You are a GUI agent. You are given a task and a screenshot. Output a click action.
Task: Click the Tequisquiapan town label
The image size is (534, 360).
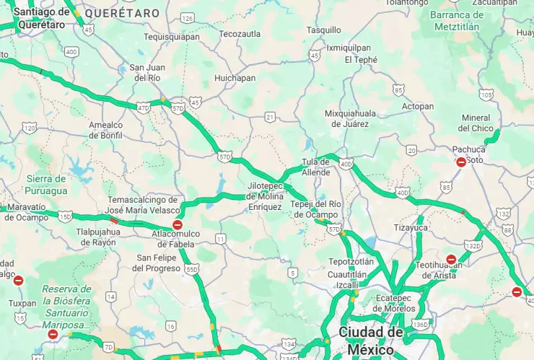point(172,36)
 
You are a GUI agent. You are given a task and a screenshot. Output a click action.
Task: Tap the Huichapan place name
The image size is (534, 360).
point(235,78)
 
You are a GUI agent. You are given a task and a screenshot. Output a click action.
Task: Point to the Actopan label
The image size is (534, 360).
point(418,106)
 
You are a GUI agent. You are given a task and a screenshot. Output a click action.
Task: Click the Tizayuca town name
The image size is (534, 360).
point(411,227)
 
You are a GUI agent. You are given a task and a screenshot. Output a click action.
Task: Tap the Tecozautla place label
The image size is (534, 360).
point(240,34)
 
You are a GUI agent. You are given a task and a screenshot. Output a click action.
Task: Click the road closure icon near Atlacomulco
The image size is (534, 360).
point(177,225)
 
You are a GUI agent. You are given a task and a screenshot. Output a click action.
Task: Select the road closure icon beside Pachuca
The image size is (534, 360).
point(461,162)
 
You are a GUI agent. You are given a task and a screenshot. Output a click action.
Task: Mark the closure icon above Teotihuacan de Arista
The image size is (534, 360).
point(451,259)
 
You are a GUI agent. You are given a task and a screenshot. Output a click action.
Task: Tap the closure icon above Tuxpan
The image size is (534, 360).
point(19,281)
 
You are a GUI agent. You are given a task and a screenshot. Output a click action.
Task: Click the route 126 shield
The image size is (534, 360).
point(188,18)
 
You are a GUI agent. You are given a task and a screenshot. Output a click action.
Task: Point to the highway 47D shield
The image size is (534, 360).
point(144,107)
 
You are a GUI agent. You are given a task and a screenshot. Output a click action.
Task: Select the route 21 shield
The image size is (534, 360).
point(270,116)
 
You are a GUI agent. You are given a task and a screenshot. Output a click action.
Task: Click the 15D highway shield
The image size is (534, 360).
point(66,216)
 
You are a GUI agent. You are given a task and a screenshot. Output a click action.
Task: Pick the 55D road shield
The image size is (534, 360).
point(191,269)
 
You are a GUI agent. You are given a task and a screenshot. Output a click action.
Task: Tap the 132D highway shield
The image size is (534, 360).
point(473,246)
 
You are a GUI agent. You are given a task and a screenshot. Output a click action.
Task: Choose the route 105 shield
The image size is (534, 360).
point(486,95)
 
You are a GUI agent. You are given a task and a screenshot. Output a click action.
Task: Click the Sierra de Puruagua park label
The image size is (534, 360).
point(45,185)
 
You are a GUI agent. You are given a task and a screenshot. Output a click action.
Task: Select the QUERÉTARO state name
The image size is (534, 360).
point(122,13)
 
